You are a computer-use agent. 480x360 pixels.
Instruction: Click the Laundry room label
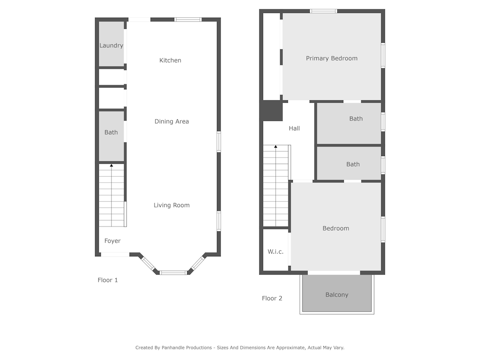click(111, 46)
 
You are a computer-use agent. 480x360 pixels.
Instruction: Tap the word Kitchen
click(170, 60)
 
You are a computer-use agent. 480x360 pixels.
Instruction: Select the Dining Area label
click(171, 121)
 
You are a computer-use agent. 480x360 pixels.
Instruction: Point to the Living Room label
click(171, 205)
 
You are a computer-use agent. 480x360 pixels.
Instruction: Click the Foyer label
click(112, 241)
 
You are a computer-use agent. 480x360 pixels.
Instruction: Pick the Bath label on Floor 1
click(111, 132)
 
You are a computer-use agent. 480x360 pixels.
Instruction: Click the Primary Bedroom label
click(332, 59)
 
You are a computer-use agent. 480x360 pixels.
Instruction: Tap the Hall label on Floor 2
click(294, 128)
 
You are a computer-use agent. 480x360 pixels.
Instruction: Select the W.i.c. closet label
click(275, 252)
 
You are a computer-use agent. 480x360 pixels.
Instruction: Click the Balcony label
click(337, 295)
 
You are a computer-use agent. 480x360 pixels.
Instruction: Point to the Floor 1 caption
click(108, 280)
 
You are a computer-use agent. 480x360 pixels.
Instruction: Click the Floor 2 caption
click(272, 299)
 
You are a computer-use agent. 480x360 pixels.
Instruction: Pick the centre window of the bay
click(173, 273)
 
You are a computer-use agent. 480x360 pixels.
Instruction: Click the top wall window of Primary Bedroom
click(323, 12)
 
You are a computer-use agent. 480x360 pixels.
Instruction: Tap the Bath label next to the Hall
click(356, 119)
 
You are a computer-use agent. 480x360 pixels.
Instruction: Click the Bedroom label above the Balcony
click(336, 228)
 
